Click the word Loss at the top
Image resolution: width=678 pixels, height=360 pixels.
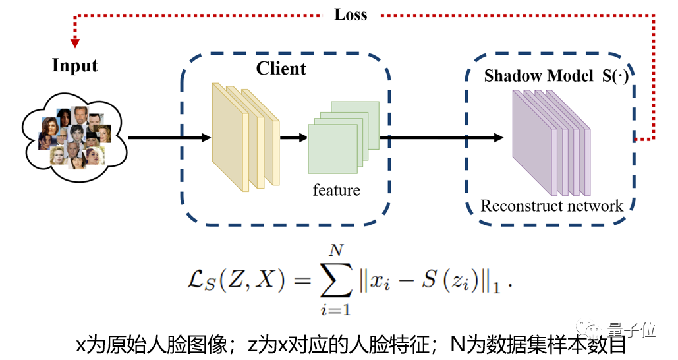[351, 15]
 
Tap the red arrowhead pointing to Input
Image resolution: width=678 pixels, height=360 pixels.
[75, 42]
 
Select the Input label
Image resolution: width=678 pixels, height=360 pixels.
[74, 66]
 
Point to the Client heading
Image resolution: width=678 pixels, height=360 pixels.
[281, 69]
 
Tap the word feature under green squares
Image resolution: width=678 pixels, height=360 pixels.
[336, 191]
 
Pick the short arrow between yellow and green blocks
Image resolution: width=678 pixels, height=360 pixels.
[294, 138]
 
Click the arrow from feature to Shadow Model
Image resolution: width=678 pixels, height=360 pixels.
[441, 138]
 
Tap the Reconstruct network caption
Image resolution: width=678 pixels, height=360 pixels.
[551, 206]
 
